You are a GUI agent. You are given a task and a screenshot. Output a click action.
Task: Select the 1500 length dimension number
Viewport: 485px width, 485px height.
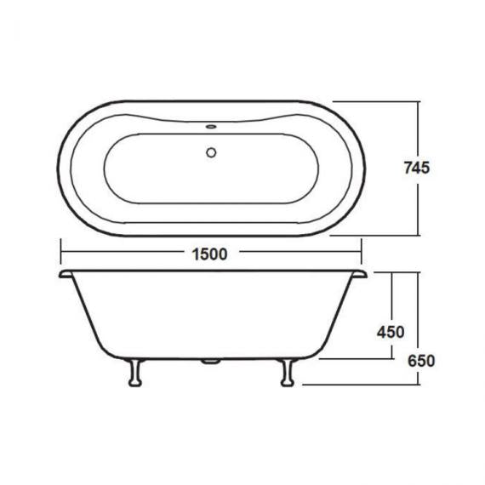(x=210, y=254)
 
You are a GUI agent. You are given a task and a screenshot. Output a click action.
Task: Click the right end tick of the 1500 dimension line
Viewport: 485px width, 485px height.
(x=361, y=253)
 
